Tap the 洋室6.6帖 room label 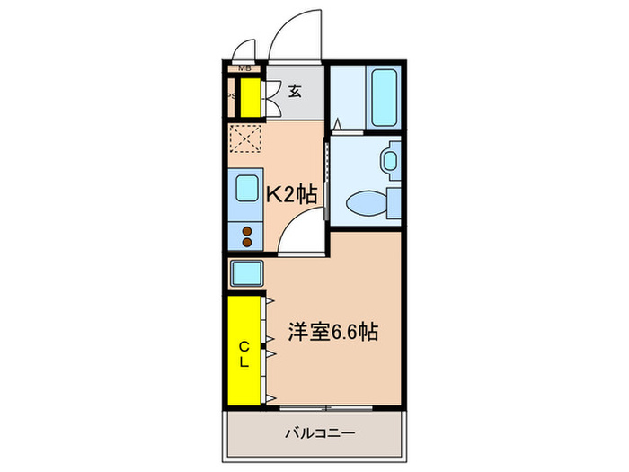332,331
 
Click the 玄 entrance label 295,89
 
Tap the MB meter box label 244,68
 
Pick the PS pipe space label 230,97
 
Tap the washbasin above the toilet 390,161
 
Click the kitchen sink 246,191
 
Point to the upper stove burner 246,230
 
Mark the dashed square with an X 244,138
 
